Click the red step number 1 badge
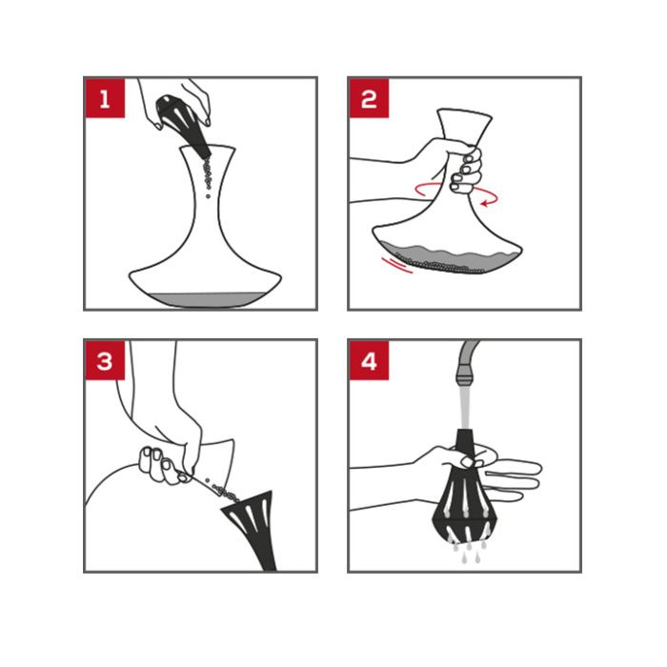[x=105, y=98]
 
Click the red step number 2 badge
[x=369, y=98]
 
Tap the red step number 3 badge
[x=105, y=360]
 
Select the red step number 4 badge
[x=369, y=360]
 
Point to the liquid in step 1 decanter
[x=204, y=298]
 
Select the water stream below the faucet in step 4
[x=464, y=405]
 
